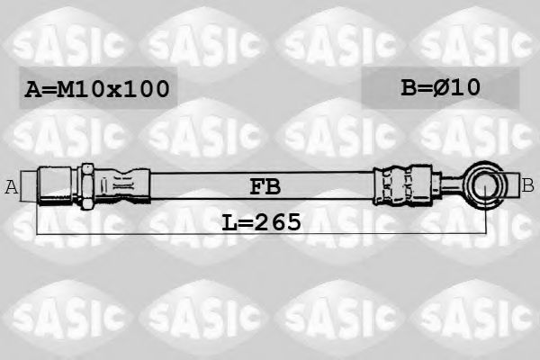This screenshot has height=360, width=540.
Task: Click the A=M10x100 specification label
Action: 95,88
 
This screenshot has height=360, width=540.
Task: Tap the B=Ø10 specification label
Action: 440,87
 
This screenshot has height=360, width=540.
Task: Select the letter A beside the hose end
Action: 12,187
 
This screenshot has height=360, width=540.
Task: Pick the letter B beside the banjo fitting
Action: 528,185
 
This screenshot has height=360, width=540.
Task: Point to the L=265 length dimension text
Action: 261,220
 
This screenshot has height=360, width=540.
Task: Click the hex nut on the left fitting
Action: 87,186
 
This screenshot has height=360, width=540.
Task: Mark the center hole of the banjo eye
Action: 488,186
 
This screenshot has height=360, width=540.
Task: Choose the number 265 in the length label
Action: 276,220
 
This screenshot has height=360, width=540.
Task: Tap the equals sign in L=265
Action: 240,221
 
